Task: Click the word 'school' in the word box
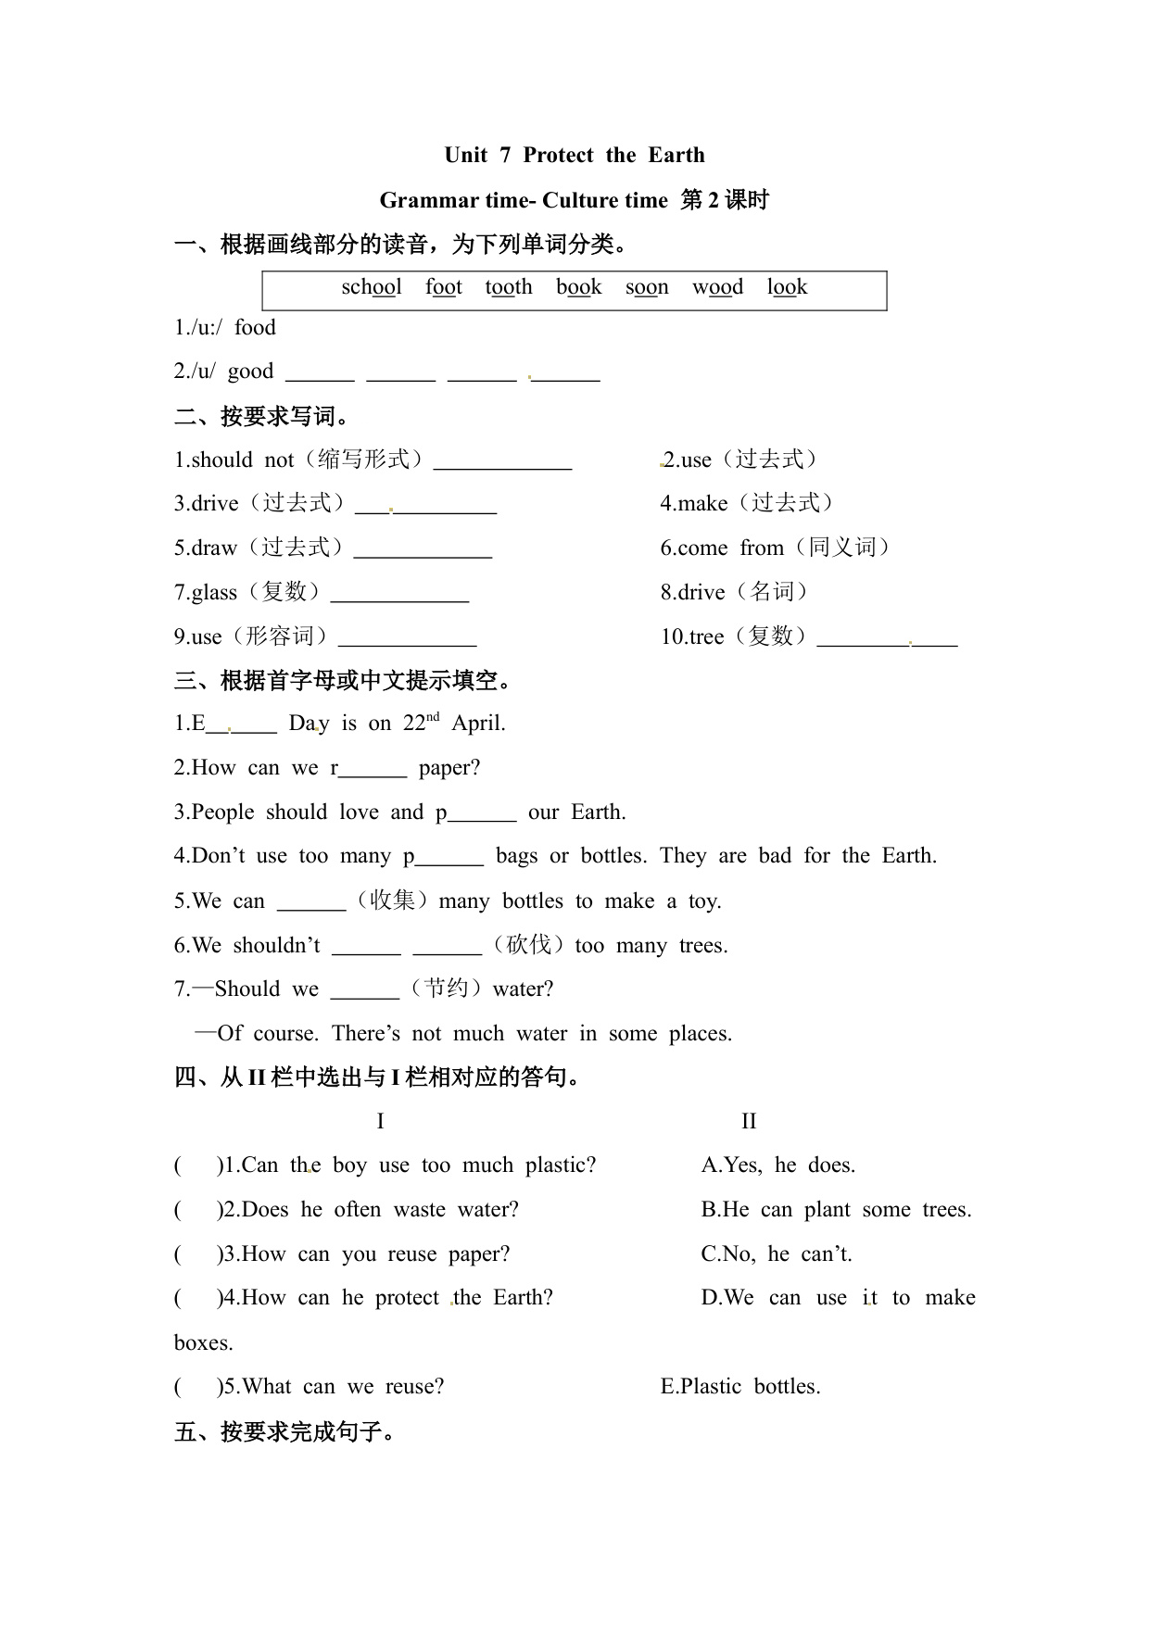pos(372,287)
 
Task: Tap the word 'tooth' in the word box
pos(509,287)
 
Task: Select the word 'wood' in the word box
pos(717,287)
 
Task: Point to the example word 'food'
pos(255,327)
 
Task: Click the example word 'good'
pos(250,372)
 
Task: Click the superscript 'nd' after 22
pos(433,717)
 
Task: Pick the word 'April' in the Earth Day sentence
pos(478,724)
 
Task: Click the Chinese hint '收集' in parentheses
pos(392,901)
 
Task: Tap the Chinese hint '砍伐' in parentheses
pos(528,945)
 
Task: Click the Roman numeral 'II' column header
pos(749,1122)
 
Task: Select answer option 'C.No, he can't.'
pos(777,1254)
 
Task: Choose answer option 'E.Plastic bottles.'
pos(740,1387)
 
